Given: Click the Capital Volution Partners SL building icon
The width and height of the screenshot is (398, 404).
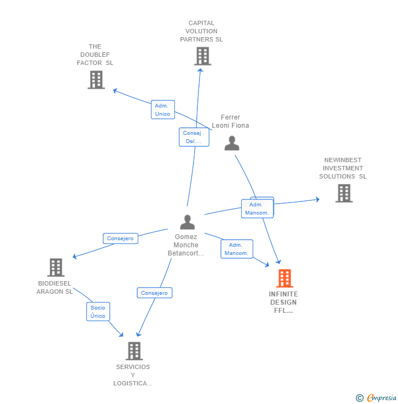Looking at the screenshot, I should click(202, 56).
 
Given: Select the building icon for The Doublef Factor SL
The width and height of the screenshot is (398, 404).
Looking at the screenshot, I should click(96, 80).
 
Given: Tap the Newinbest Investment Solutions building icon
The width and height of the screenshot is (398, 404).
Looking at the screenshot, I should click(343, 193).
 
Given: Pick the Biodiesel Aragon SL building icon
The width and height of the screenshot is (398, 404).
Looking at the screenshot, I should click(56, 268).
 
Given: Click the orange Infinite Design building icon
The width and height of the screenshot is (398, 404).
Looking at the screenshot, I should click(284, 278).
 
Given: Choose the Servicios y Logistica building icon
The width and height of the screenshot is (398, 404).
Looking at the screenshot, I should click(134, 350).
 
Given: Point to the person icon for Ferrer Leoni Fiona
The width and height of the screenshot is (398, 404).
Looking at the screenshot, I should click(232, 143).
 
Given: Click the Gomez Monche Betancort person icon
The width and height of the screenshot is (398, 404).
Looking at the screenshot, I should click(188, 222).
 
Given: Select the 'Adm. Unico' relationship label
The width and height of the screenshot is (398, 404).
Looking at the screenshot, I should click(162, 110).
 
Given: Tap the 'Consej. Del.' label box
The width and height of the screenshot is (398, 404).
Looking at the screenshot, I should click(194, 137).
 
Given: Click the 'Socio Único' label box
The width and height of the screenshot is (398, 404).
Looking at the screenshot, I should click(98, 312).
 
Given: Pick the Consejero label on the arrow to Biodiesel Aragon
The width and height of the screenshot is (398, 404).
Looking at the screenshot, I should click(120, 239).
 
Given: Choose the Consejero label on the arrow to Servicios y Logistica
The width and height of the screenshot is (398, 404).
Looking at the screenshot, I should click(154, 293).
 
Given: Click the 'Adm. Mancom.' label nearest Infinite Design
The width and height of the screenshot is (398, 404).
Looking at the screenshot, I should click(237, 249).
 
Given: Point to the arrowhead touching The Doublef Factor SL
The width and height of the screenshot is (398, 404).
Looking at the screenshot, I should click(115, 91).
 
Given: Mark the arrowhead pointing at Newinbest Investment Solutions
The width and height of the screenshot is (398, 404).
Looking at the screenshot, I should click(317, 200).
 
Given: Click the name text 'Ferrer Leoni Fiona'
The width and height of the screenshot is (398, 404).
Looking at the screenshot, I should click(230, 121).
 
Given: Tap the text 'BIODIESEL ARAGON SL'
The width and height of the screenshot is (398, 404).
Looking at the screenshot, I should click(55, 288).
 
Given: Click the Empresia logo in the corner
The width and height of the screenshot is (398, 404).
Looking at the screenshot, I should click(382, 398).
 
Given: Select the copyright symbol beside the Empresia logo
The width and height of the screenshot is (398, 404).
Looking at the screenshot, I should click(360, 398).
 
